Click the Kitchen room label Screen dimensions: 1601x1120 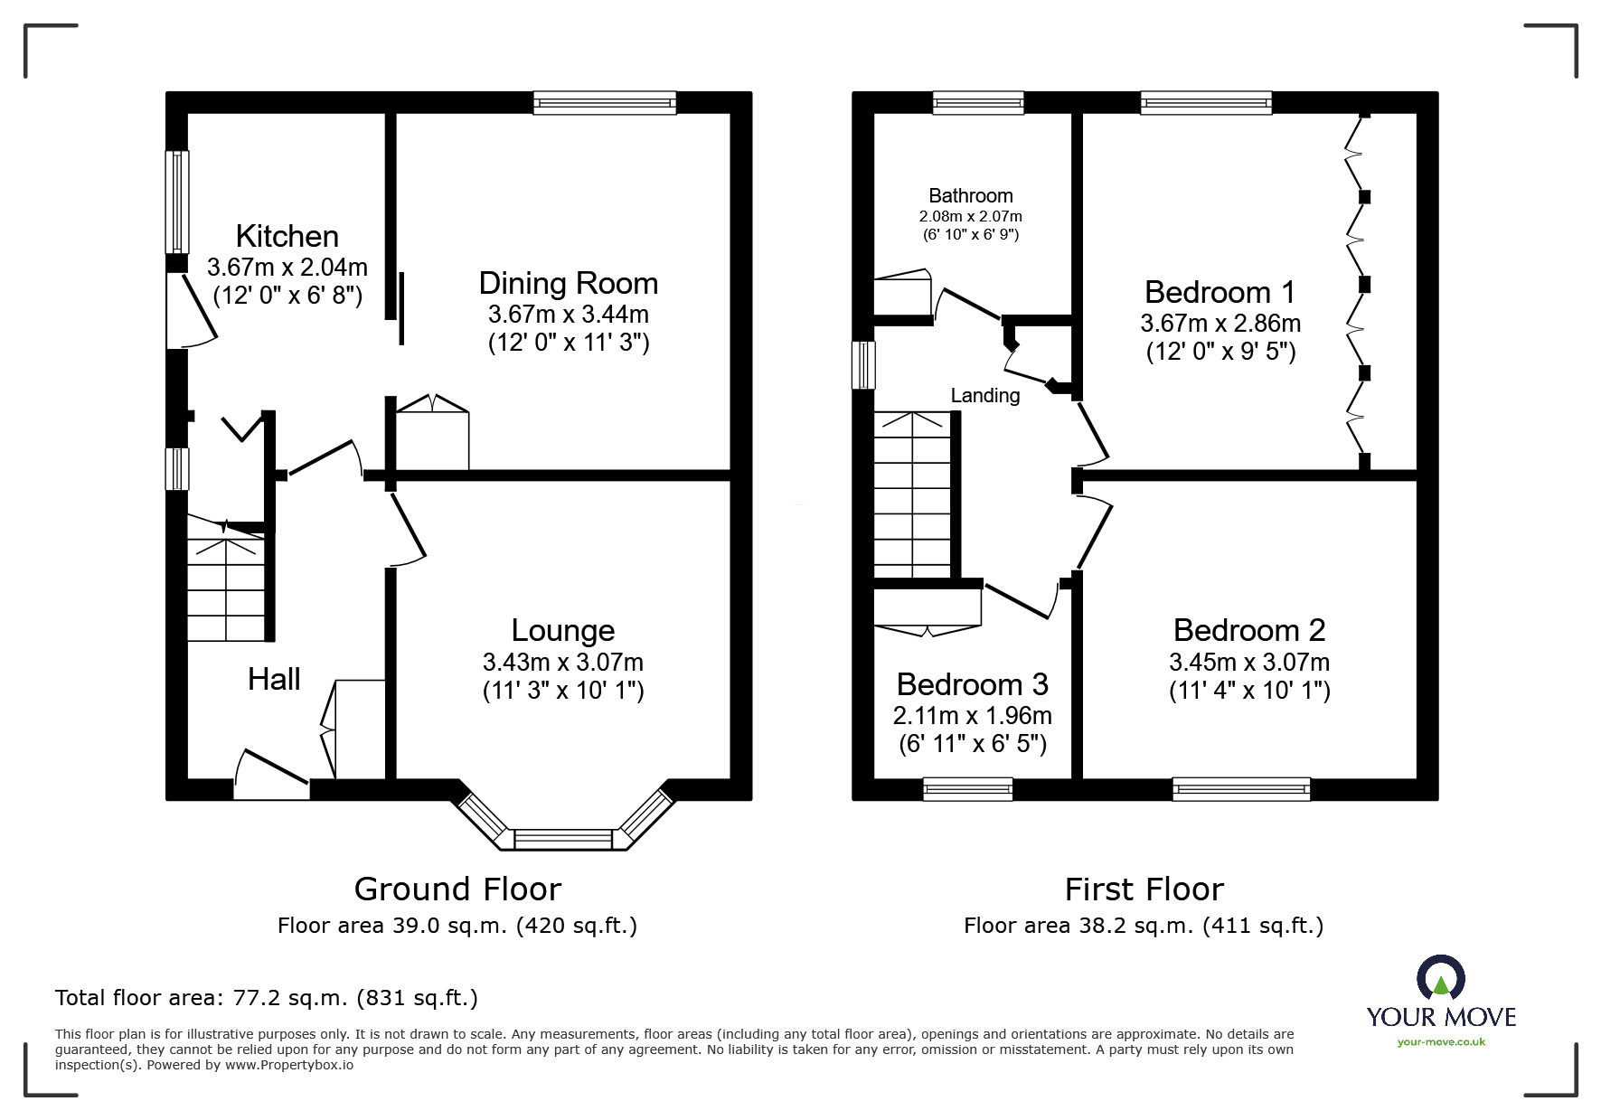click(x=287, y=237)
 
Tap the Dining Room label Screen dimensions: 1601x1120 click(x=569, y=284)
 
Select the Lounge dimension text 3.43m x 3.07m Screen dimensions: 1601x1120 click(x=563, y=662)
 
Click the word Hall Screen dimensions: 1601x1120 click(x=274, y=679)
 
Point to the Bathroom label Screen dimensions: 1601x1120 click(x=971, y=195)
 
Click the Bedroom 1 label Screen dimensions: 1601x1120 click(x=1220, y=292)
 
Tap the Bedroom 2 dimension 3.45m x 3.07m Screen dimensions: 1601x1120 click(x=1249, y=662)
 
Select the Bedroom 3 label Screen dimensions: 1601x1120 click(x=973, y=684)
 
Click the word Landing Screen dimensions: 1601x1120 click(x=985, y=395)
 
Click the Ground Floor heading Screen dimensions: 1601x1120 click(x=457, y=889)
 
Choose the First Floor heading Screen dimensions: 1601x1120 click(x=1144, y=889)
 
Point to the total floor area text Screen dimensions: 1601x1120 click(x=267, y=998)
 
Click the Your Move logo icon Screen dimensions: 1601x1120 click(x=1441, y=979)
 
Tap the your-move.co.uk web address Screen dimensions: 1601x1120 click(x=1441, y=1042)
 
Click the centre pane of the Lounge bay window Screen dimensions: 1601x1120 click(x=563, y=839)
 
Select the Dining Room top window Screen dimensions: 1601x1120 click(x=605, y=102)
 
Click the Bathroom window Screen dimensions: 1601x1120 click(x=978, y=102)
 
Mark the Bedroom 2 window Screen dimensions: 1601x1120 click(x=1241, y=789)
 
